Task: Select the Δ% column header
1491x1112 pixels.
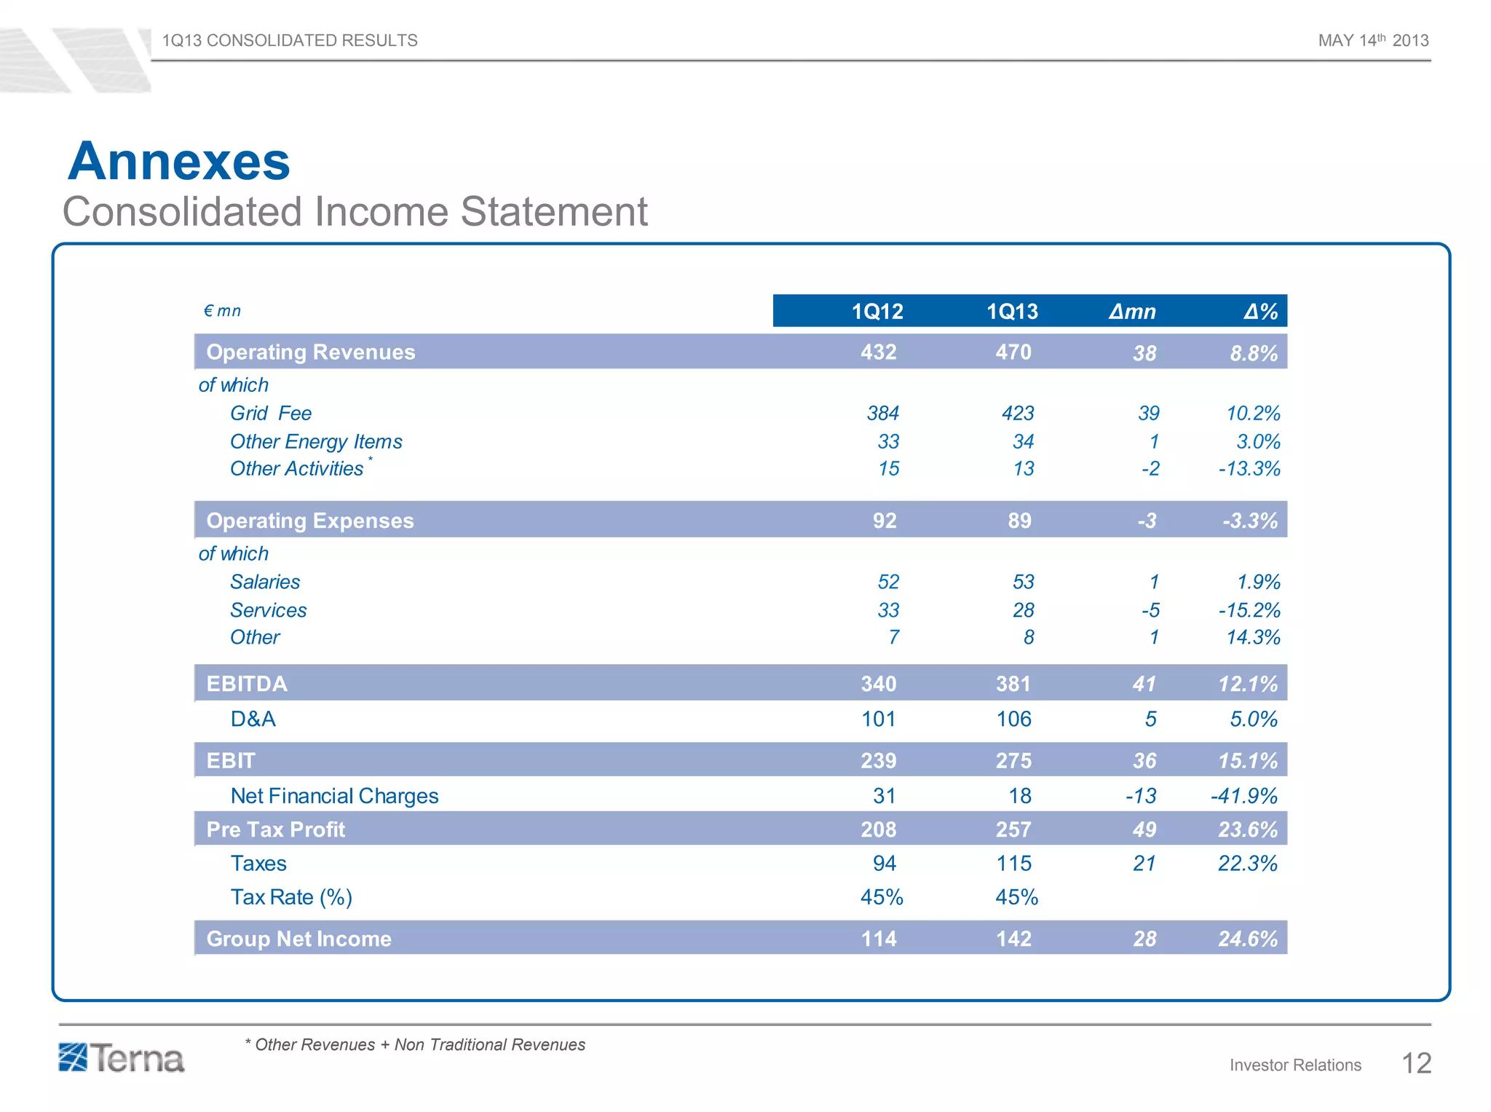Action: (1260, 312)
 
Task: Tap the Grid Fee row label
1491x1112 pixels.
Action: (271, 414)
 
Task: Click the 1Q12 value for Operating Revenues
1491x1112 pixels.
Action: (878, 352)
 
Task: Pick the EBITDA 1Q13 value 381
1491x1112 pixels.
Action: (1013, 684)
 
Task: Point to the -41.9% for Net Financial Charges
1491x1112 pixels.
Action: (1243, 796)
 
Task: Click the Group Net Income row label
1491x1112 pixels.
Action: (298, 939)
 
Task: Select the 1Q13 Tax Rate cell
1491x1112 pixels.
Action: (1016, 897)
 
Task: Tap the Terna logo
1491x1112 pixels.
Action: (122, 1058)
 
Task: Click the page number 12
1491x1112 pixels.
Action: (1416, 1064)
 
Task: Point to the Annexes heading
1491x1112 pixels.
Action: (179, 162)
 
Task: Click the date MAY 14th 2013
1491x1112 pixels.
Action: (1373, 41)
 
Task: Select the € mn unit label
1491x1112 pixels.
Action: (222, 311)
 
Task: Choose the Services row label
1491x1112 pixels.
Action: (268, 610)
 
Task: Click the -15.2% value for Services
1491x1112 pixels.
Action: (1249, 610)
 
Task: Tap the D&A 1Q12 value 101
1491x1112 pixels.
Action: (878, 719)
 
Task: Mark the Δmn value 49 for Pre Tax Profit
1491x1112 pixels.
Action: (1144, 829)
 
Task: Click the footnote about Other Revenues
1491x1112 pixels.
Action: (415, 1045)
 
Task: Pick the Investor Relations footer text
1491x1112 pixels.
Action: (1295, 1065)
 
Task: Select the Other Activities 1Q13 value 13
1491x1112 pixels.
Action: (1023, 469)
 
